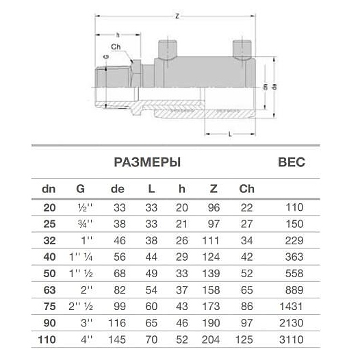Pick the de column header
117,188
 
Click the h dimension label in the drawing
117,34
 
